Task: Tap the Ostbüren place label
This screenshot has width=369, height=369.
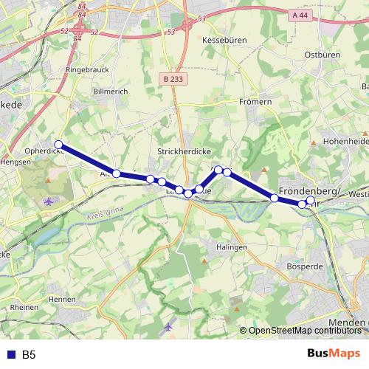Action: coord(321,55)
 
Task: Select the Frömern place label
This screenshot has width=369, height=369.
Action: coord(255,103)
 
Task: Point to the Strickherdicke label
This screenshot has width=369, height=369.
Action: coord(184,150)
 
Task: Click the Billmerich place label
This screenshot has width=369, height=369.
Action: coord(111,92)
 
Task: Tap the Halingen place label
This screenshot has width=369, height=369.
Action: coord(232,247)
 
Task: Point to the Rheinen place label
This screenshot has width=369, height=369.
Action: coord(24,307)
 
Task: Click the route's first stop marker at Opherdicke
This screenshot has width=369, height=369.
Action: coord(58,145)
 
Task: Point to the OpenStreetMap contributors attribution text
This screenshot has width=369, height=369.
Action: coord(303,330)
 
